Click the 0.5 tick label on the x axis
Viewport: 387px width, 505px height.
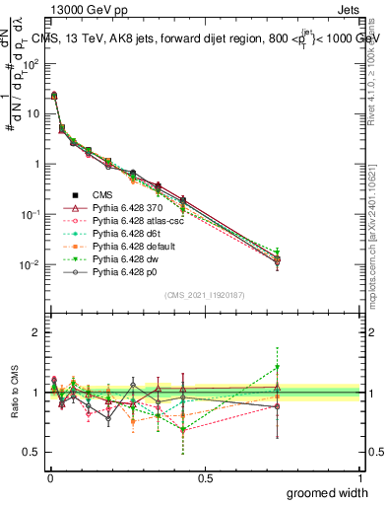tap(205, 477)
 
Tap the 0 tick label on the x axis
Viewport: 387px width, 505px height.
tap(49, 477)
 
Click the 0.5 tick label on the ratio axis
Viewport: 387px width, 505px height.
tap(32, 453)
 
